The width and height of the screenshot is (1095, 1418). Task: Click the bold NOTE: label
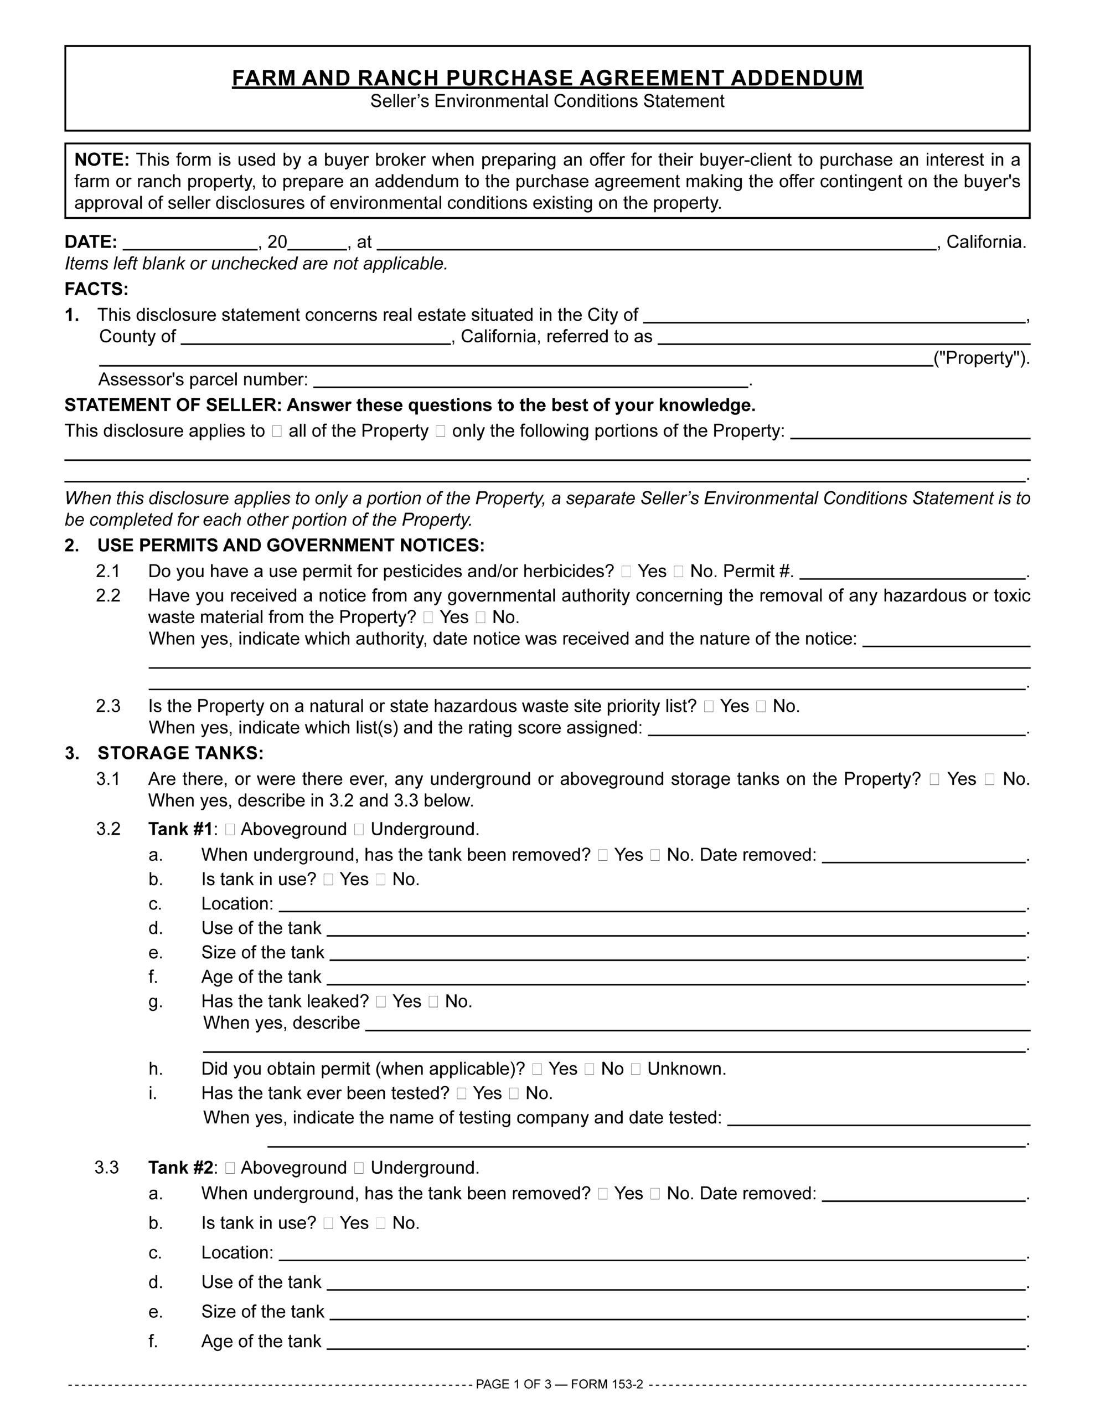coord(102,160)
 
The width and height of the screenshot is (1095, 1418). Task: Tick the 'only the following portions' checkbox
coord(441,431)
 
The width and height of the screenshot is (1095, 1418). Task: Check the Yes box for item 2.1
coord(626,572)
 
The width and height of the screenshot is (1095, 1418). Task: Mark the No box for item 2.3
coord(761,706)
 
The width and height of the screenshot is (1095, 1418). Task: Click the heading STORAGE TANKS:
coord(180,753)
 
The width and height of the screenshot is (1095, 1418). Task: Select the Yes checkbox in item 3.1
coord(934,779)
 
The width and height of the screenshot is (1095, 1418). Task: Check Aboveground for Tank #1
coord(230,830)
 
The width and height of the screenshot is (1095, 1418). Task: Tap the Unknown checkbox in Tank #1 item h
coord(636,1070)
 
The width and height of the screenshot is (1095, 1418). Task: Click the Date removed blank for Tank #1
coord(923,856)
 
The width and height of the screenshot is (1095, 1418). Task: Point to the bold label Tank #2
coord(180,1168)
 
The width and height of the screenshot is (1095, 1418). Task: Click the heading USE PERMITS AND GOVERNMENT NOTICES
coord(291,546)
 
